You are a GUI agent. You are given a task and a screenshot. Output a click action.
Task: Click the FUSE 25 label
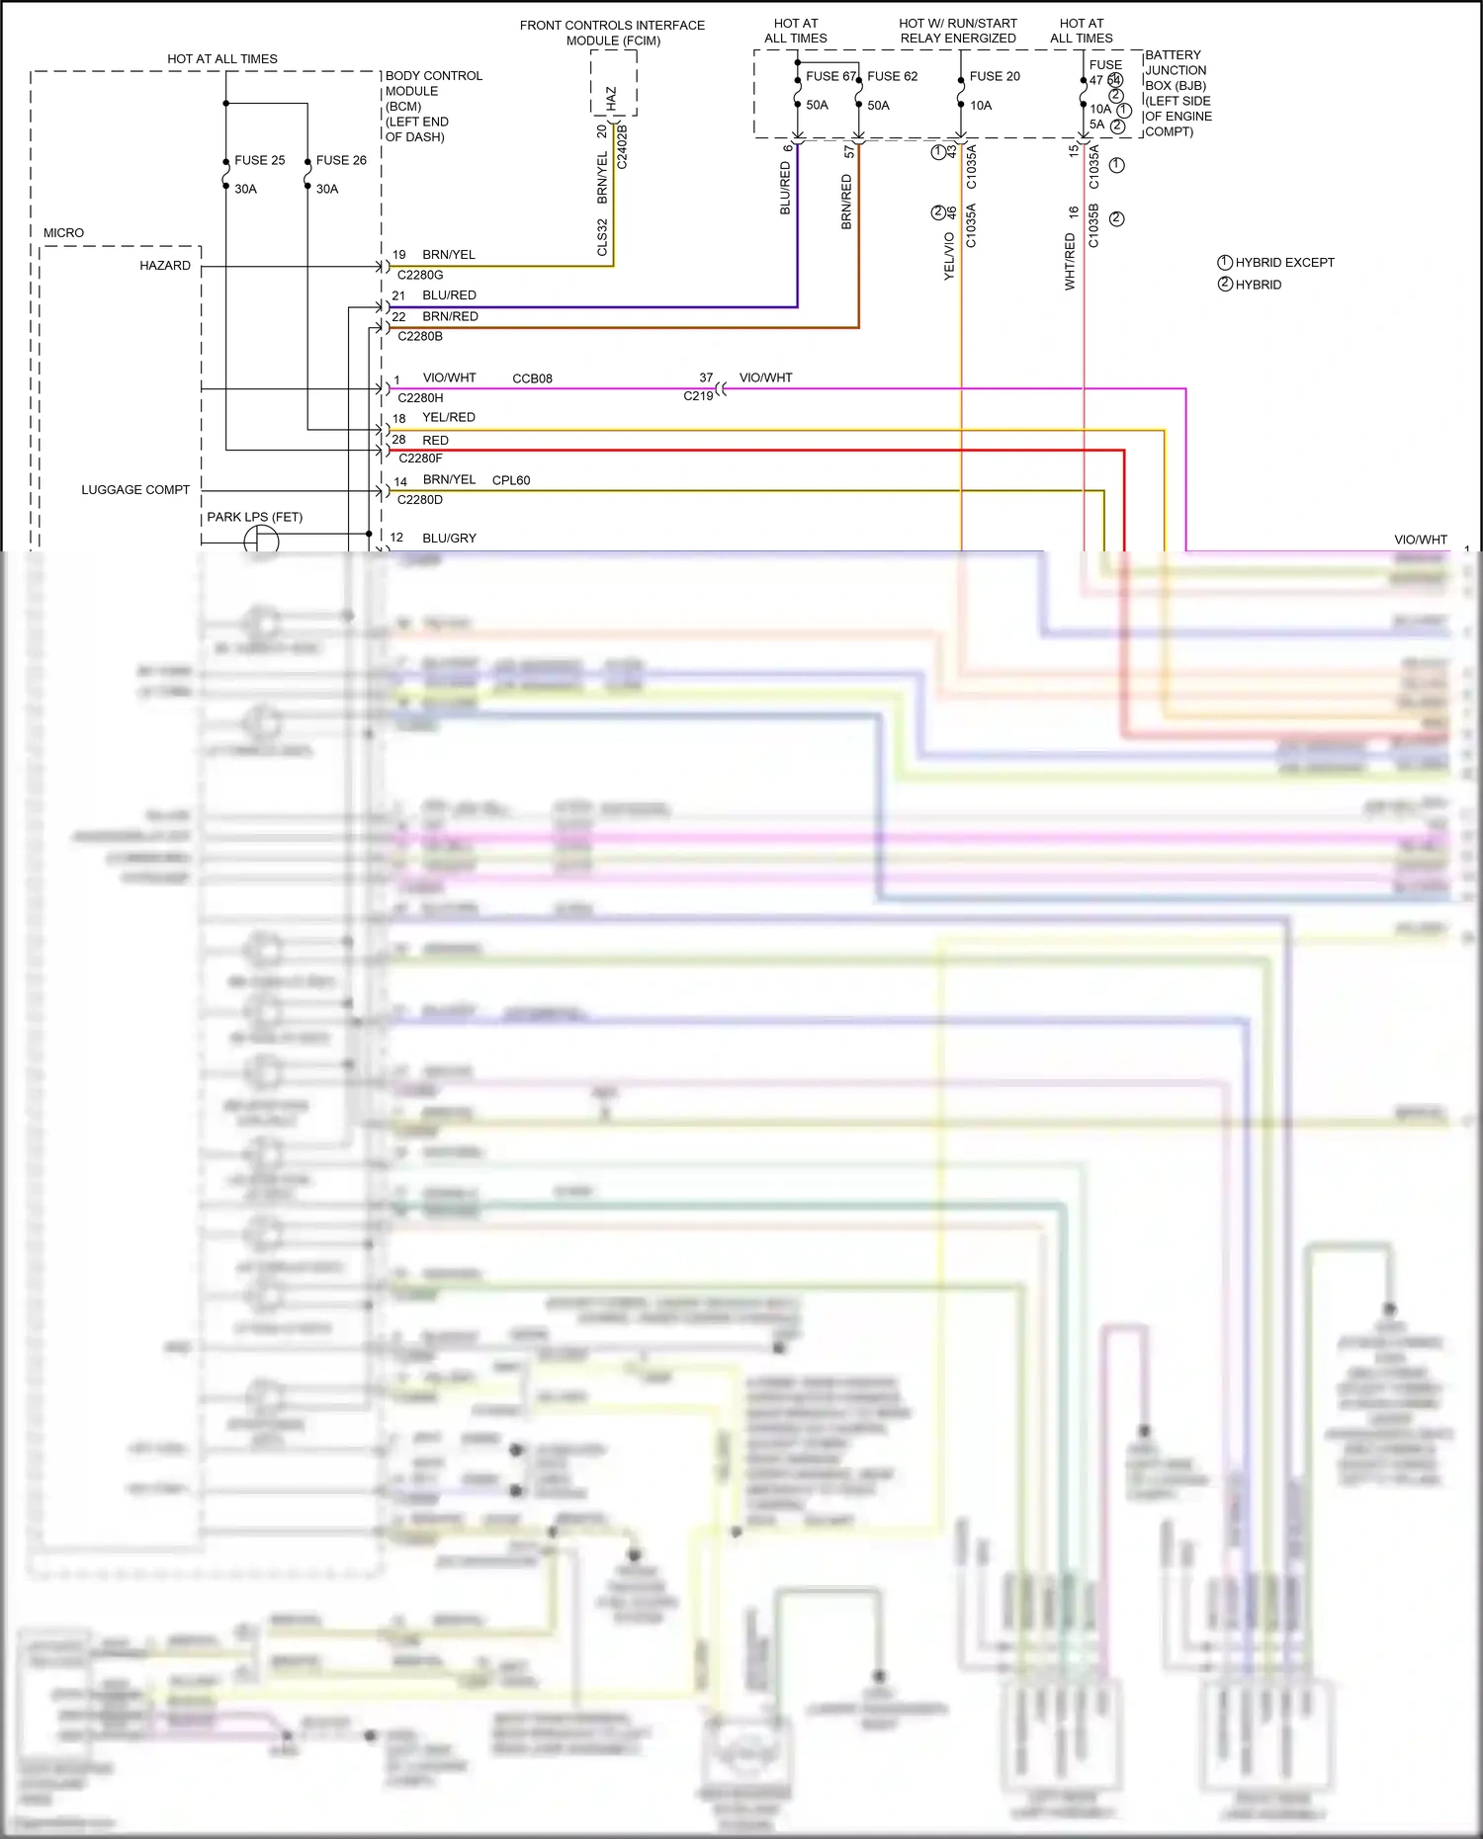coord(259,160)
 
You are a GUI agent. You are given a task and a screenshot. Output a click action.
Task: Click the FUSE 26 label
coord(341,160)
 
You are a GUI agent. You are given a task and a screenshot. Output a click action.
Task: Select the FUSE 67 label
coord(830,76)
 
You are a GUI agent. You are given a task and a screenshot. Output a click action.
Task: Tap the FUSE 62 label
coord(892,76)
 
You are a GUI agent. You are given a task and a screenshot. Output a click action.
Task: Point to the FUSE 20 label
coord(995,76)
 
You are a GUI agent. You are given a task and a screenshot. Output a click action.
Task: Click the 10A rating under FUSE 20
coord(981,106)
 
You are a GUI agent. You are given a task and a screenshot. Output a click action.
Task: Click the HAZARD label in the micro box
coord(165,266)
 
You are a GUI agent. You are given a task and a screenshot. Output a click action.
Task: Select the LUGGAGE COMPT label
coord(135,490)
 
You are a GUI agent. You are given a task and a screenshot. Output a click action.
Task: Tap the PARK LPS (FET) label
coord(254,517)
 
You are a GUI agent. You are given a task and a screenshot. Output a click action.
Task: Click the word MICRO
coord(63,233)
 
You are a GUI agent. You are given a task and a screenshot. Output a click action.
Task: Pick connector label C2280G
coord(420,275)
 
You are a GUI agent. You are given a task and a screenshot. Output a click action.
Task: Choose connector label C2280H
coord(420,398)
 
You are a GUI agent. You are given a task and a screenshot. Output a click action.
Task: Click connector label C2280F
coord(420,459)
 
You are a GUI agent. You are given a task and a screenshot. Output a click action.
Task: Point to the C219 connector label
coord(698,396)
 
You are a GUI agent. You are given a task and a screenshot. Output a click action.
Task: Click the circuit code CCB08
coord(532,378)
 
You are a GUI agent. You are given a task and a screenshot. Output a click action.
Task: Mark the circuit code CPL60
coord(511,480)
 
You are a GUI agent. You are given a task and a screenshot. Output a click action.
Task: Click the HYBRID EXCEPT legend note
coord(1284,263)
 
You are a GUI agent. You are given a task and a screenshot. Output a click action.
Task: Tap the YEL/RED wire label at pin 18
coord(449,418)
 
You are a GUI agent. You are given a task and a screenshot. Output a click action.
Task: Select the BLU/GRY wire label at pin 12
coord(449,539)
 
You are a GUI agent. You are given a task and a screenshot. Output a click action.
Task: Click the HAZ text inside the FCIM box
coord(611,98)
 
